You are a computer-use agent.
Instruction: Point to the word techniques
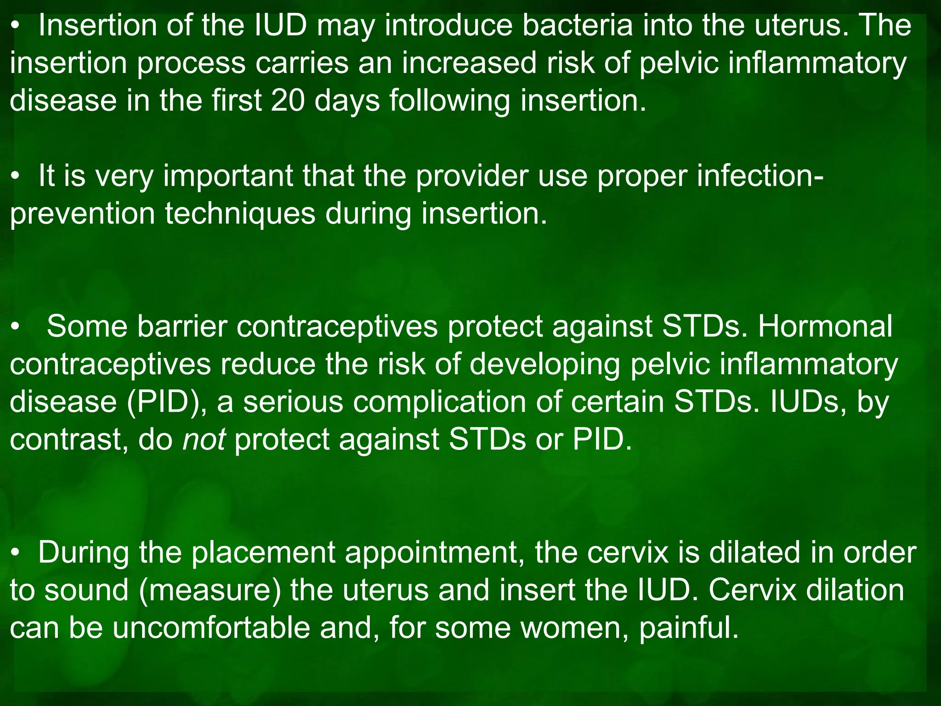240,214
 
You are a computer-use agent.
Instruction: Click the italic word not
204,439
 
